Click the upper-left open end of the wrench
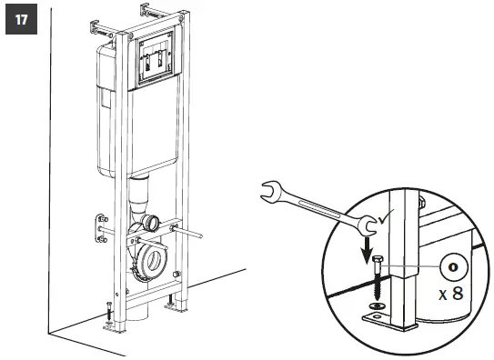click(x=270, y=190)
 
